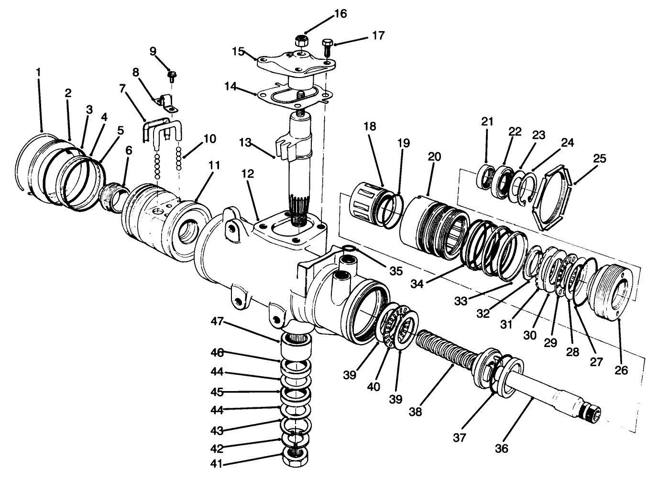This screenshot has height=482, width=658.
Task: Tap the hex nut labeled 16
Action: click(x=301, y=41)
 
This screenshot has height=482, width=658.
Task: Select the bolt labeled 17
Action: click(x=328, y=47)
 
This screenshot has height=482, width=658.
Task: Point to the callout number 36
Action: click(x=502, y=448)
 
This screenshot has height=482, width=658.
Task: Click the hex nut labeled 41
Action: click(x=296, y=458)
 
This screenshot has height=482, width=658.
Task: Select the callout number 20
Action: click(x=435, y=157)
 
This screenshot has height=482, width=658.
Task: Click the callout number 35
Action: click(x=395, y=270)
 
